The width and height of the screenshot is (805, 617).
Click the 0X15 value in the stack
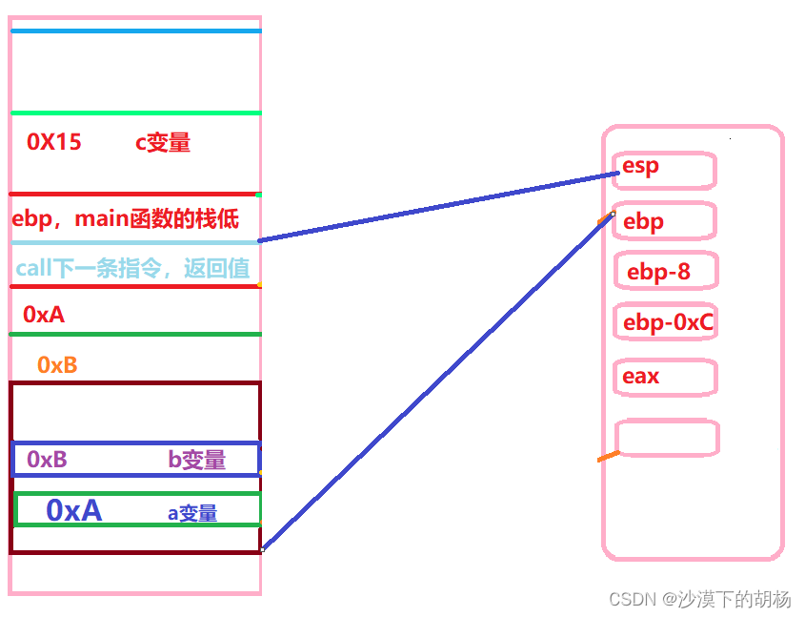[54, 143]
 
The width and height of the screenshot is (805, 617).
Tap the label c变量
[162, 143]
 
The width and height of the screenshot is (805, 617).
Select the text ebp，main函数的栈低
[126, 218]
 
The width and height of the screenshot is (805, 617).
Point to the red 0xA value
[44, 314]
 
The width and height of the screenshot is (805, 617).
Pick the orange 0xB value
[57, 364]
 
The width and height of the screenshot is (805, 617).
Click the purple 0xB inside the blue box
[47, 460]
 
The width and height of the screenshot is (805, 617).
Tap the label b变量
[197, 460]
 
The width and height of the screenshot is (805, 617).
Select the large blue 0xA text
[73, 511]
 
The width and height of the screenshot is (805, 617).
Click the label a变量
[192, 513]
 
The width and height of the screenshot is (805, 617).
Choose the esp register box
[665, 170]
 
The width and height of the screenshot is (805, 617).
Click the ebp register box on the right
[665, 221]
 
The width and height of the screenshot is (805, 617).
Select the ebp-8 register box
[665, 272]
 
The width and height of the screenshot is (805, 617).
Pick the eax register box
[665, 377]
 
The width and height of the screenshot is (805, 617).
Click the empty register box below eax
[667, 438]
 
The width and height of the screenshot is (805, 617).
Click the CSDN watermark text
[699, 599]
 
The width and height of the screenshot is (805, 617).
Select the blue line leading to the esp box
[438, 207]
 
